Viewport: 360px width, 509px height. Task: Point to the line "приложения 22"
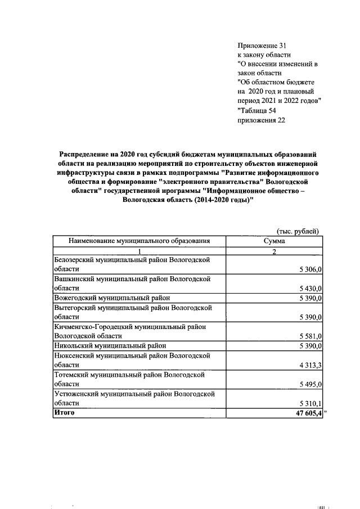coord(261,120)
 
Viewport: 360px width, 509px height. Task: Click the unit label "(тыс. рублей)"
coord(298,231)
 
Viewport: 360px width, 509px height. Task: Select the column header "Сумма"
coord(274,241)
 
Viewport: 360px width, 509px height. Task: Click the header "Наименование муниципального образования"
coord(139,241)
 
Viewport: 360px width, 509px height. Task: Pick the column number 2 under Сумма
coord(274,251)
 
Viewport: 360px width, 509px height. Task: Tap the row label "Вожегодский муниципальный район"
coord(112,298)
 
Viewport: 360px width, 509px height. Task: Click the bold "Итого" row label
coord(64,413)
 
